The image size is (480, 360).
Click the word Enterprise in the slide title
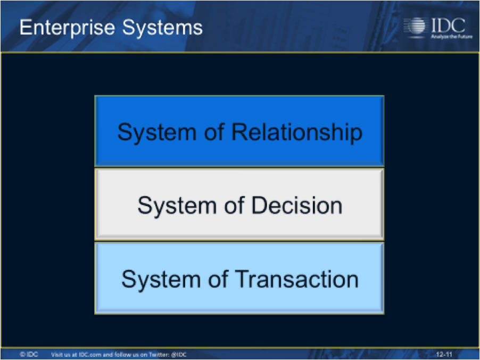coord(68,28)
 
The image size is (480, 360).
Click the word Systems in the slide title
coord(162,28)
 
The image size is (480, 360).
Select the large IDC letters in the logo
coord(448,26)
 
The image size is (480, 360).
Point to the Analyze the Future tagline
coord(452,37)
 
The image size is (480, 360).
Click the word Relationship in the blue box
coord(297,133)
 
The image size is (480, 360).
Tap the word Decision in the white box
coord(296,205)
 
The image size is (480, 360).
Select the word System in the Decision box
coord(177,206)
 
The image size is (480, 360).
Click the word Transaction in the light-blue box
coord(297,279)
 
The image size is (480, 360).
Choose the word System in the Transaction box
coord(161,280)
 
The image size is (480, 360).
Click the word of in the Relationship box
coord(214,132)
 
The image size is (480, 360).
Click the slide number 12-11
coord(444,355)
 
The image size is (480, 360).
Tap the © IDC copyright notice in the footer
coord(29,355)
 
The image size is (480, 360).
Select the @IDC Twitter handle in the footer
coord(179,355)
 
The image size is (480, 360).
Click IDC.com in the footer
coord(90,355)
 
